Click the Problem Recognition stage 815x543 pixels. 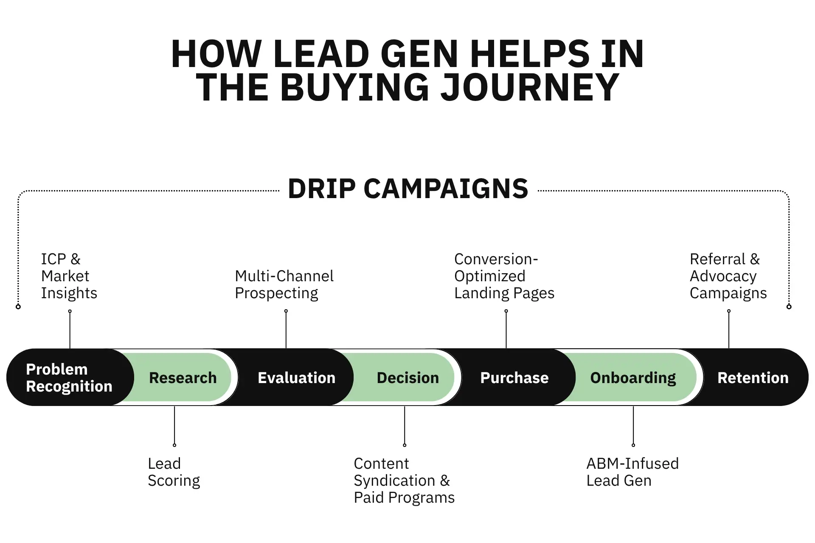(x=69, y=378)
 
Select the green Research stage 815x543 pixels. (x=183, y=378)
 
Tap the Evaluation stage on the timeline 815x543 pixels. (x=296, y=378)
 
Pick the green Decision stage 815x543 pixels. (x=407, y=378)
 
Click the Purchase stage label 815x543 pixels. (x=514, y=378)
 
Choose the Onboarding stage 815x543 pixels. (x=633, y=378)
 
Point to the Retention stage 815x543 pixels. (x=753, y=378)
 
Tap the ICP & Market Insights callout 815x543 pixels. (x=69, y=276)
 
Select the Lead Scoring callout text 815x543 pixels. (x=174, y=472)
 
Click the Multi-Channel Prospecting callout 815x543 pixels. (x=284, y=285)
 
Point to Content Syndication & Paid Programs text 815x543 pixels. (x=404, y=481)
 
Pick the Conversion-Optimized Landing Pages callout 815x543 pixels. (x=504, y=276)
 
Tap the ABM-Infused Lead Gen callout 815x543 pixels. (x=632, y=472)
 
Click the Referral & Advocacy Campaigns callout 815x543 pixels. (x=728, y=276)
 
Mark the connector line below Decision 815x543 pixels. (x=405, y=425)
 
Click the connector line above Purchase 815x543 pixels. (x=506, y=329)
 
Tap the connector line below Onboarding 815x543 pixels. (x=633, y=425)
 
